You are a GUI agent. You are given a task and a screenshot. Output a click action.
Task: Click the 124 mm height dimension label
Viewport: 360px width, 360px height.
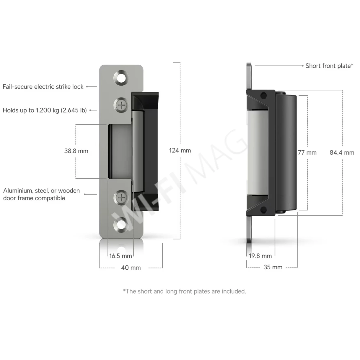(180, 151)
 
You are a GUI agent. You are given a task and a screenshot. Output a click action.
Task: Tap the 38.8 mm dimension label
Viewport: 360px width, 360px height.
(76, 151)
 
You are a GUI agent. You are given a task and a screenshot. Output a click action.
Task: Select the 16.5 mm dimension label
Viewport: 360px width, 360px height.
(120, 256)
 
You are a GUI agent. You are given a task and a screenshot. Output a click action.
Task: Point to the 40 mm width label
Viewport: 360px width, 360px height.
(131, 268)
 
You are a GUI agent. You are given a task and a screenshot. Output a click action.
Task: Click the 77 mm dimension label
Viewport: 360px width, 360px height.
(307, 153)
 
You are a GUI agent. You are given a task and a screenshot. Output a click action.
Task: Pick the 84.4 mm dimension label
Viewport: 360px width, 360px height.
(342, 153)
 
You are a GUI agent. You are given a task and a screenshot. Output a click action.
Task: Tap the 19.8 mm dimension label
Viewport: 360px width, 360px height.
(260, 256)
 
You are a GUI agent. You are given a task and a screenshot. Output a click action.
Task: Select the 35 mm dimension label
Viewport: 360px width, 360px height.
(273, 267)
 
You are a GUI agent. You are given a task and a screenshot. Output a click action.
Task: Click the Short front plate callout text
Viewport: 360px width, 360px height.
(329, 66)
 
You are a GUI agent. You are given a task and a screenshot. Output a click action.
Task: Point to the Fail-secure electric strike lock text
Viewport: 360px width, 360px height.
(43, 87)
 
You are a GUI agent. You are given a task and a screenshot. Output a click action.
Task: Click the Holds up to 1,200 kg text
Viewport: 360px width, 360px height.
(45, 110)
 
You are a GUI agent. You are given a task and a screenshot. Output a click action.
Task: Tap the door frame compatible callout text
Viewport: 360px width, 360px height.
(41, 194)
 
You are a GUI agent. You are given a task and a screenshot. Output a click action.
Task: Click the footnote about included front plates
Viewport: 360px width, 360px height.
(184, 291)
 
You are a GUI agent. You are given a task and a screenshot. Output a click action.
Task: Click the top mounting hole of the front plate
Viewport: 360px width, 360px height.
(121, 78)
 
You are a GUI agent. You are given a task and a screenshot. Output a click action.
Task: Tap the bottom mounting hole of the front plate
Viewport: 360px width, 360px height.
(121, 225)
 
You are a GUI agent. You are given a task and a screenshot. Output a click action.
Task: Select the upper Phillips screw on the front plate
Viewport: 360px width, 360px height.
(121, 105)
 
